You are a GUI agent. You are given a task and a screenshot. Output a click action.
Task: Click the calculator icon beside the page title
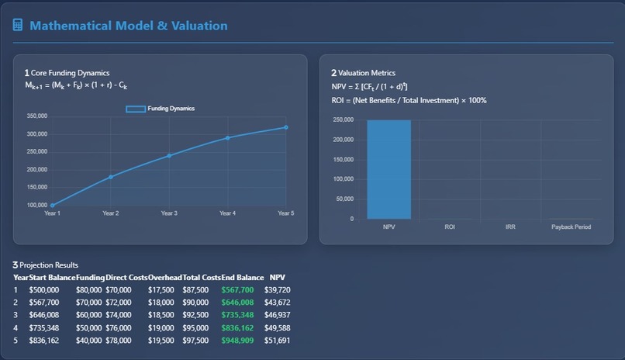coord(18,26)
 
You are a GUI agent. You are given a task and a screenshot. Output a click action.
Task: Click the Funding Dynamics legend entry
coord(161,109)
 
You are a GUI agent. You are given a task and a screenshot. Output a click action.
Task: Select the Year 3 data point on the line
coord(169,156)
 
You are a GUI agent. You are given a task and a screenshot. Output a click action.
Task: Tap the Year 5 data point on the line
coord(285,127)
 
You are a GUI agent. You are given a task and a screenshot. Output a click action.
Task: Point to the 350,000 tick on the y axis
coord(36,116)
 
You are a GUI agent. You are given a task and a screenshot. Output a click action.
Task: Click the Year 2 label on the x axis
coord(111,213)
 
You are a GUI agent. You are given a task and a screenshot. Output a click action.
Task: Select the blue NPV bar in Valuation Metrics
coord(389,169)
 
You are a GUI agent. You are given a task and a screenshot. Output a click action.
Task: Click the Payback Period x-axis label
coord(571,227)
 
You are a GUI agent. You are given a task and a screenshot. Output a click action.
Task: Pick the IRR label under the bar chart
coord(510,227)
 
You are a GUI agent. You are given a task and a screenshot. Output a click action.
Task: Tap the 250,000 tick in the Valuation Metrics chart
coord(343,120)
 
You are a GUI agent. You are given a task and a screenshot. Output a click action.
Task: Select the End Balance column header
coord(239,277)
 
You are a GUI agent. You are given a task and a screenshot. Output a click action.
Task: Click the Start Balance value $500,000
coord(44,289)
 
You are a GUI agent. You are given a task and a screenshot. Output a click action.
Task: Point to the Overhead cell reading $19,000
coord(161,328)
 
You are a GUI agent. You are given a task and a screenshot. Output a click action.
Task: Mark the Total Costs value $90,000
coord(195,303)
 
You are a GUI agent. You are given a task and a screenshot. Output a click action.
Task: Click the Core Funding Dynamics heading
coord(70,73)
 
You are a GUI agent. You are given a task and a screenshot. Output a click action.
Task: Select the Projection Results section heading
coord(48,265)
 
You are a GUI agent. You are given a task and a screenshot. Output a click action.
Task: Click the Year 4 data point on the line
coord(227,138)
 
